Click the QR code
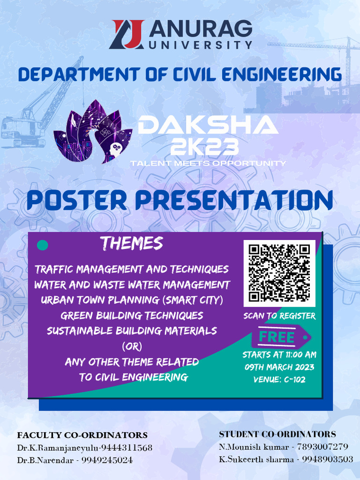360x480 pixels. click(279, 273)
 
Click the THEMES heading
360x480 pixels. click(131, 244)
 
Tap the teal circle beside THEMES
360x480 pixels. click(43, 245)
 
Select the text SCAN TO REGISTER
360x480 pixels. click(279, 316)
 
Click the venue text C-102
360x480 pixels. click(294, 380)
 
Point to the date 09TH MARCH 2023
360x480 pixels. click(279, 367)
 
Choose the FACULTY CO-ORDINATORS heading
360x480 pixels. click(82, 435)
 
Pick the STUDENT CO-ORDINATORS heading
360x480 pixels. click(277, 434)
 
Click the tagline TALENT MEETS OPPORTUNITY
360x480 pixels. click(208, 164)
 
